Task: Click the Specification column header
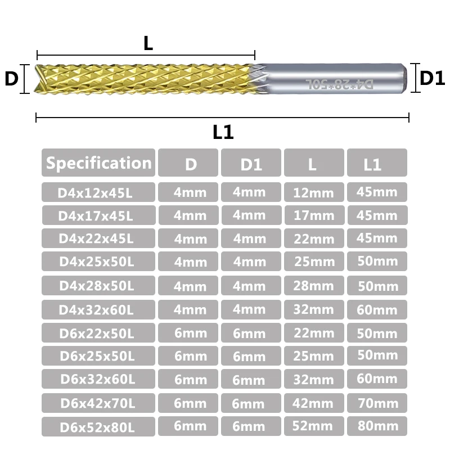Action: (x=98, y=163)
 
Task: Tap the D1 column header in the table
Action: (x=251, y=164)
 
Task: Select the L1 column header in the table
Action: (x=377, y=164)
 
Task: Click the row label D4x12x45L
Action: (x=98, y=193)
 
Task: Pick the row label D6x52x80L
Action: (x=98, y=427)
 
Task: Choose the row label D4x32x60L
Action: (x=98, y=310)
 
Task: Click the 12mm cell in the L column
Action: (x=314, y=193)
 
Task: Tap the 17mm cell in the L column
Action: (x=314, y=215)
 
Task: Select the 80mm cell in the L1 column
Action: (x=377, y=426)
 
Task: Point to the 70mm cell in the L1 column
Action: (x=377, y=403)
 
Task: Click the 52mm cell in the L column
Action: (x=314, y=427)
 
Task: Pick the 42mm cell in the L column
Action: (x=314, y=403)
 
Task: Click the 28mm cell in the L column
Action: (x=314, y=286)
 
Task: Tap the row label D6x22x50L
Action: (x=98, y=333)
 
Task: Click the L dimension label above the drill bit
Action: (x=148, y=44)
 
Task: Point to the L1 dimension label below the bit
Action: (x=223, y=132)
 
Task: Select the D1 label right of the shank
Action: (x=432, y=78)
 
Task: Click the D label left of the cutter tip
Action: (x=11, y=79)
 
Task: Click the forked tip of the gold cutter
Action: (x=40, y=79)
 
